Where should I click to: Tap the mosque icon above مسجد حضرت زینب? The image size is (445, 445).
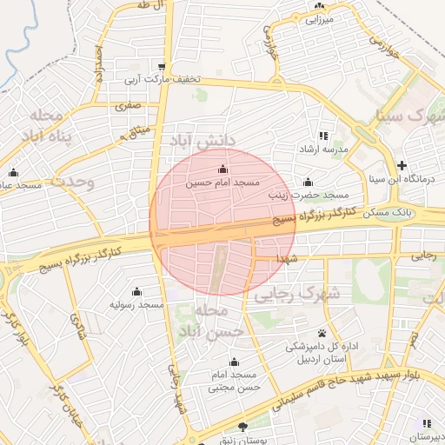308,182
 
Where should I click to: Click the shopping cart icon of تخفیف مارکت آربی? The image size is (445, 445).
162,67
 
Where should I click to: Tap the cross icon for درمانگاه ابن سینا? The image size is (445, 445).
402,165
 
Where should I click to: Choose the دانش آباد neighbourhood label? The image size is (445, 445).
201,139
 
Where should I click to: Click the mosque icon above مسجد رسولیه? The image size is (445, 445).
136,291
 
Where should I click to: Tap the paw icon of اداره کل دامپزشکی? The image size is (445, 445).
322,333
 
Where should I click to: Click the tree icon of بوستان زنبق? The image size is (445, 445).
242,426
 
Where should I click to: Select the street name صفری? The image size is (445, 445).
127,105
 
